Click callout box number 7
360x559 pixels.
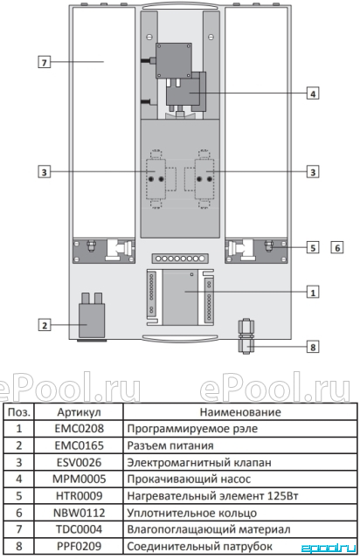pos(45,62)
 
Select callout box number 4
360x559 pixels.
pos(313,93)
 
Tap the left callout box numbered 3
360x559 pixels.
pos(45,172)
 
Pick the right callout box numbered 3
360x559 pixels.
pos(313,172)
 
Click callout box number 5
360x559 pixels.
pos(313,247)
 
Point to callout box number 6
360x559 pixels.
pos(337,247)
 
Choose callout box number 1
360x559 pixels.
pos(313,293)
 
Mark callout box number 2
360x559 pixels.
pos(45,325)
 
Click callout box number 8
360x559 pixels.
pos(313,347)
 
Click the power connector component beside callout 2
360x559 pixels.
pos(92,316)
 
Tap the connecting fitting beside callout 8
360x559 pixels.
pos(246,336)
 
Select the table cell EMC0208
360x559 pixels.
pos(80,428)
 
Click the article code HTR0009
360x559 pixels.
pos(80,495)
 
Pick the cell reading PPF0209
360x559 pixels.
pos(80,546)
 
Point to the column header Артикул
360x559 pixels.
pos(80,412)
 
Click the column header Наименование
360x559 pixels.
pos(240,412)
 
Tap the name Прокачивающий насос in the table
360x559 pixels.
pos(189,479)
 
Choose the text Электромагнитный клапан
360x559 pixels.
pos(199,462)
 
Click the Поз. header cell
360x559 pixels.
pos(19,412)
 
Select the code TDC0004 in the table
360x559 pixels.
pos(80,529)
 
